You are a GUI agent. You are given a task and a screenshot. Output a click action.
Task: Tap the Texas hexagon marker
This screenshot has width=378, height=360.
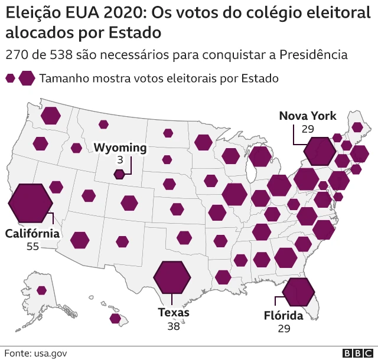click(x=172, y=276)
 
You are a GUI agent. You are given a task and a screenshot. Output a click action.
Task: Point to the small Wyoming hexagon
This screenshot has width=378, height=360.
click(x=119, y=174)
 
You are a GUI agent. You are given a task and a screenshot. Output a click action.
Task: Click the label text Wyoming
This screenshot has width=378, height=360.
click(x=120, y=148)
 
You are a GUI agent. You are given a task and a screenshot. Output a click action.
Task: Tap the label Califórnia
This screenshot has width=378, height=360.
click(x=32, y=234)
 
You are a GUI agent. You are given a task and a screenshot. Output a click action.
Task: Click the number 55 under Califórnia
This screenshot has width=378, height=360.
click(x=32, y=246)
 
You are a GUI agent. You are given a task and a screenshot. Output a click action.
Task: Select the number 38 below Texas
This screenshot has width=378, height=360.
click(x=173, y=325)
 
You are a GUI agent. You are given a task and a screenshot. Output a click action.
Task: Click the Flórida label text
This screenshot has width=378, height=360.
click(x=283, y=316)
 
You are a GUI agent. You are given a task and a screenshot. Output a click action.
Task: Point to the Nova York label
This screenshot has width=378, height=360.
click(x=308, y=116)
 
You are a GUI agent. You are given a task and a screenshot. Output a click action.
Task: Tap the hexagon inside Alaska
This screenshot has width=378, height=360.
click(x=41, y=290)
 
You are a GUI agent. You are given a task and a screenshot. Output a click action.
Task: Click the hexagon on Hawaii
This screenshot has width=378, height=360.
click(x=115, y=319)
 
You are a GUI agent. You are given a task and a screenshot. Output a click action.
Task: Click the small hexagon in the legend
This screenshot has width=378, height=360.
click(x=10, y=78)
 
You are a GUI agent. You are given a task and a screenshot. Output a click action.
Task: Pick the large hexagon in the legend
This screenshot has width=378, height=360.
click(x=27, y=78)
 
